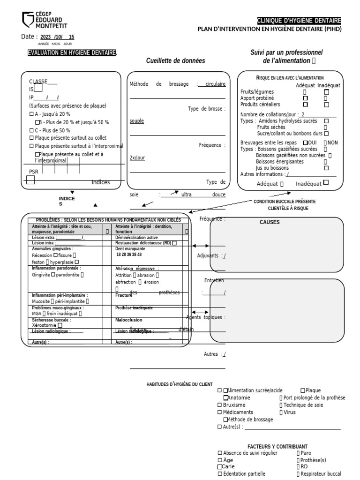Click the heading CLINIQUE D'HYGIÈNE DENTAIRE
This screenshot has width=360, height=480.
tap(299, 21)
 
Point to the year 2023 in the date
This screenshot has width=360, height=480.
tap(46, 37)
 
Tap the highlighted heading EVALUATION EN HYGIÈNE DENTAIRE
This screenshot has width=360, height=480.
tap(72, 52)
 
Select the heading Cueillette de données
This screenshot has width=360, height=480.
tap(175, 61)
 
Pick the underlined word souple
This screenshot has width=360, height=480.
tap(137, 121)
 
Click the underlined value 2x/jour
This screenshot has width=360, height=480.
tap(137, 158)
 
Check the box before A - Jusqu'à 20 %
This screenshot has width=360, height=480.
tap(31, 114)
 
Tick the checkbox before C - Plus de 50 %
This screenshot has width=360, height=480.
tap(31, 130)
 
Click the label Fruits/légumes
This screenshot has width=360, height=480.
tap(257, 92)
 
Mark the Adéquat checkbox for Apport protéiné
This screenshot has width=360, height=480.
tap(306, 98)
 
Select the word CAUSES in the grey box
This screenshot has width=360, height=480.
tap(270, 222)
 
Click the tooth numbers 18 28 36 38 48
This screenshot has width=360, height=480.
tap(129, 255)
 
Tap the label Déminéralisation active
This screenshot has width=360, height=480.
tap(136, 238)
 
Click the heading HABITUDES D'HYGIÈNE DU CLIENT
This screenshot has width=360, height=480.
tap(180, 384)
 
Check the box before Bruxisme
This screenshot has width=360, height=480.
tap(220, 405)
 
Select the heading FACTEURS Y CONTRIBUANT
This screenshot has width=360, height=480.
tap(277, 447)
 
